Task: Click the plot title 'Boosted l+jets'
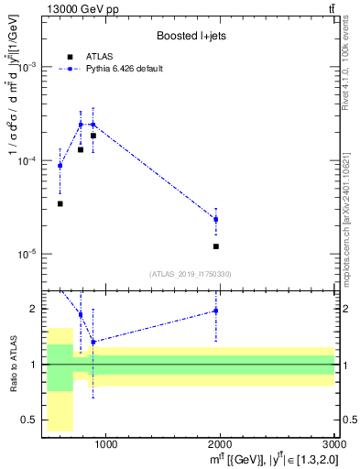click(191, 36)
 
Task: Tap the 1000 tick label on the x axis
click(105, 445)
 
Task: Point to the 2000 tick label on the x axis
click(221, 445)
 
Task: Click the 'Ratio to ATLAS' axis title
click(12, 364)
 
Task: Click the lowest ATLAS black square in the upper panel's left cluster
click(60, 203)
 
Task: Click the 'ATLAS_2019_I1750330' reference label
click(191, 274)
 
